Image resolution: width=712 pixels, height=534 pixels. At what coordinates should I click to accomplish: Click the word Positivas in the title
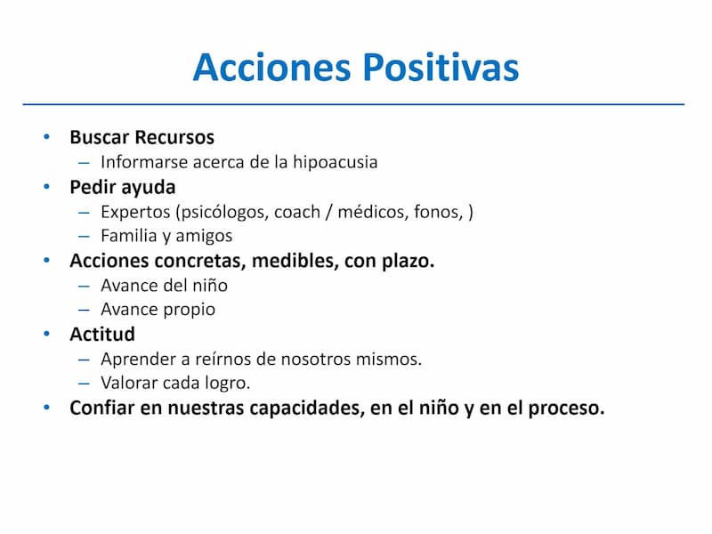point(441,68)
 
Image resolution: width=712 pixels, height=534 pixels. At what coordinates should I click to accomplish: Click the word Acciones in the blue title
point(272,68)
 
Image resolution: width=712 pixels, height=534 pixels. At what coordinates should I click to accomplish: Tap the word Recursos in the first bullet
point(174,137)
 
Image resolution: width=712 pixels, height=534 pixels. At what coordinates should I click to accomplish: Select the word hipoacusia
point(336,162)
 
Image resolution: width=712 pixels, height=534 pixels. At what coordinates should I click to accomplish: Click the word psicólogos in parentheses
point(222,212)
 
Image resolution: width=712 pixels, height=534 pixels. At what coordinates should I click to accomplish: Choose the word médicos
point(373,212)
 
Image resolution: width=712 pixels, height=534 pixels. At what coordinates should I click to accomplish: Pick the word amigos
point(204,236)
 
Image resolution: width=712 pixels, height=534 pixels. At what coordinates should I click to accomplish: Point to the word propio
point(189,310)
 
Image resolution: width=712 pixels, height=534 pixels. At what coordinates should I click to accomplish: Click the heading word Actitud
point(102,335)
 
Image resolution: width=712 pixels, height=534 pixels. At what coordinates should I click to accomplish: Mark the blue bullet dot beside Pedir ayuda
point(46,187)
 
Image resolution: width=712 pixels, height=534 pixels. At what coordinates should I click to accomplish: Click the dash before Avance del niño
point(84,286)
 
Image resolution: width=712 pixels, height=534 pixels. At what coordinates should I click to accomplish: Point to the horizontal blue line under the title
point(353,104)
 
